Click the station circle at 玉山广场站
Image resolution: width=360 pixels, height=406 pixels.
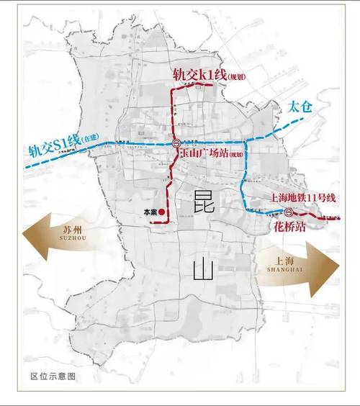176,143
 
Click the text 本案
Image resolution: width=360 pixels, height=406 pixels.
150,212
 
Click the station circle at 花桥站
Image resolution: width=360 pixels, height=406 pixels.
288,212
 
